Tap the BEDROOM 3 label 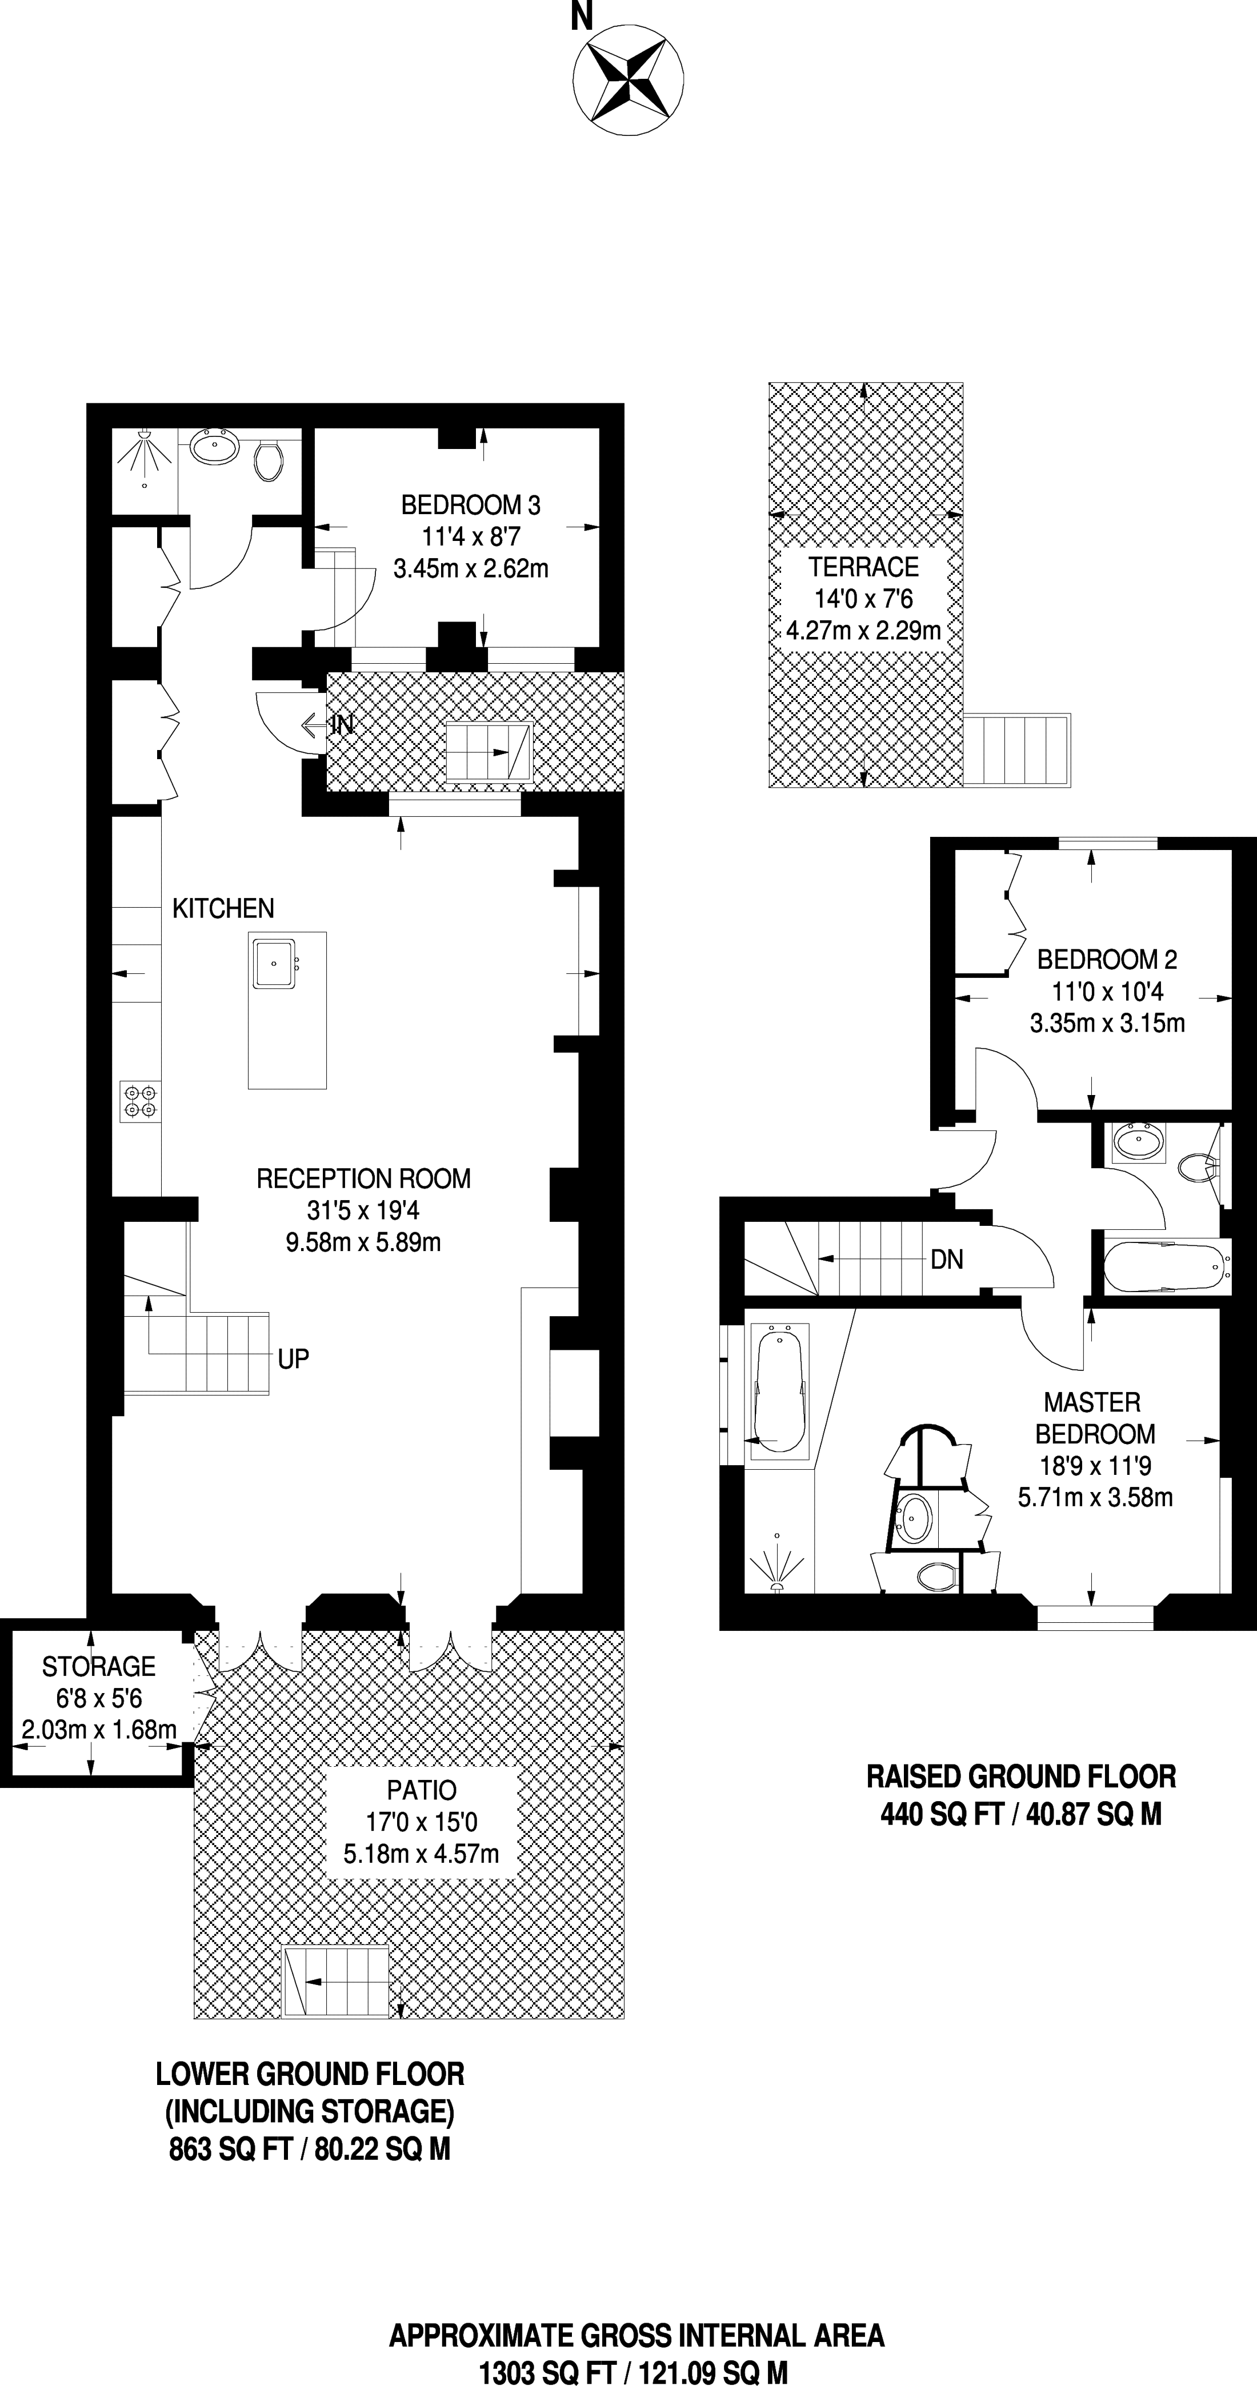[471, 505]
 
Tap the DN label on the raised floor [947, 1259]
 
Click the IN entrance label [343, 724]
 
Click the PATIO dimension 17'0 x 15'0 [422, 1822]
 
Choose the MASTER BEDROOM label [1095, 1418]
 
